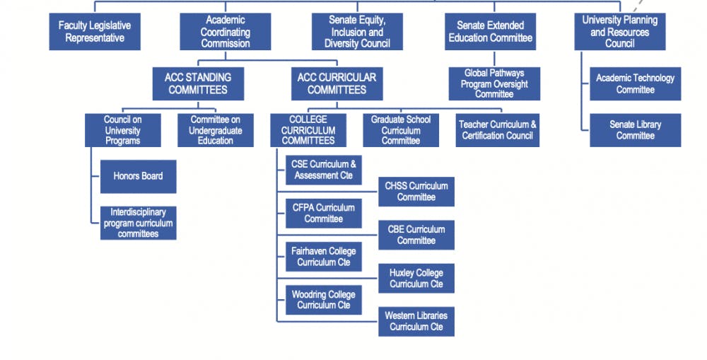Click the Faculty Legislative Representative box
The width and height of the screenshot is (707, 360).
(94, 32)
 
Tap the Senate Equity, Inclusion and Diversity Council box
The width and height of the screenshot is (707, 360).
(357, 32)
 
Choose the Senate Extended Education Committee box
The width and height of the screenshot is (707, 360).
(490, 32)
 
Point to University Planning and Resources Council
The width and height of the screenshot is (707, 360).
(619, 32)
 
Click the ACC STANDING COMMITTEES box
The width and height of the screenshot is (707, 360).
(198, 84)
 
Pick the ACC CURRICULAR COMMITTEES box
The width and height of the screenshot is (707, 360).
(337, 84)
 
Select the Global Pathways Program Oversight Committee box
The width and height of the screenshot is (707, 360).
(494, 83)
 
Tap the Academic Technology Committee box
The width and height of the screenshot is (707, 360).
(635, 83)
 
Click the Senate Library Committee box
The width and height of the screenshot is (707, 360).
(635, 130)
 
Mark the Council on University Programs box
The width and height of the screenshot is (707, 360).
(123, 130)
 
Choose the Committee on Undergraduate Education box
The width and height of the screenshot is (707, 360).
(216, 130)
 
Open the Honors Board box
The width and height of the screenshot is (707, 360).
(138, 176)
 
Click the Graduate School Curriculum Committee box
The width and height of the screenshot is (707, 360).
(401, 130)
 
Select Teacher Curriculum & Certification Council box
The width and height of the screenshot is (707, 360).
(497, 130)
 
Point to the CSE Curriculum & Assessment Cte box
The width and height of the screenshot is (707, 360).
(324, 170)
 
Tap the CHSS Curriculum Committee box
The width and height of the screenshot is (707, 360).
(416, 192)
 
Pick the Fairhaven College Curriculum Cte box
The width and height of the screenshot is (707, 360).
(324, 257)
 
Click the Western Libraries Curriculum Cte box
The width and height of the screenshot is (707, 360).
(416, 321)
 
